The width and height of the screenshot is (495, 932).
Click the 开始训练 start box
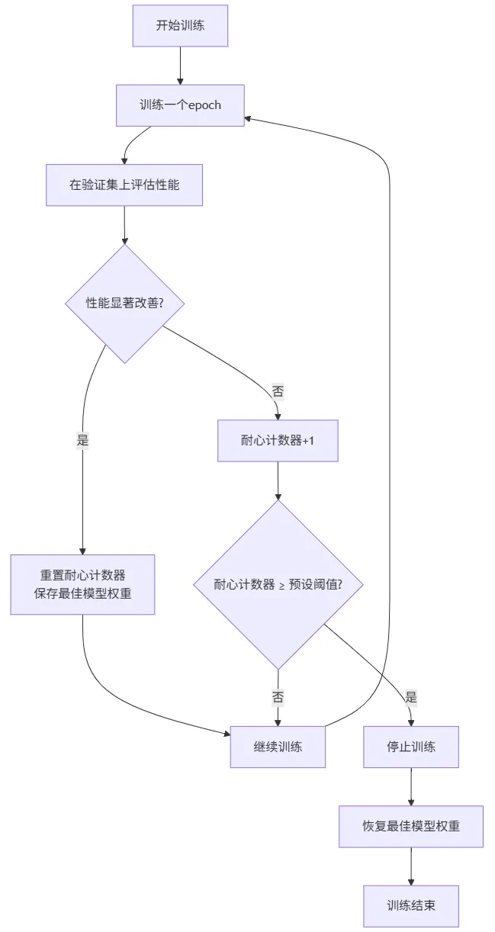tap(180, 25)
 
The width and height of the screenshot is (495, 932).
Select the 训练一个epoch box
tap(180, 105)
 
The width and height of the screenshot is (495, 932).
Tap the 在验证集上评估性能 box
tap(124, 185)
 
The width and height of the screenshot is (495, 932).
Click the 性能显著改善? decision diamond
tap(124, 303)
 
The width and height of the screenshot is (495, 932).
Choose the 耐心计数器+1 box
tap(278, 441)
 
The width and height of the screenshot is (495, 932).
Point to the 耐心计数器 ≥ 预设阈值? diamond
tap(278, 585)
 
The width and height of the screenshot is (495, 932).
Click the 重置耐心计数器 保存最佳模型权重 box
tap(82, 584)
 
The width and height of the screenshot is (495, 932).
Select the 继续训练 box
tap(278, 747)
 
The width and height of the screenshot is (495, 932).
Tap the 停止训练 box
tap(411, 747)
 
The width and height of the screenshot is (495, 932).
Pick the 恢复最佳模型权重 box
tap(411, 826)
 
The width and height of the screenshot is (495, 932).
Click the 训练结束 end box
tap(411, 906)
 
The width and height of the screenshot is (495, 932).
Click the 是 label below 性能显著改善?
tap(82, 440)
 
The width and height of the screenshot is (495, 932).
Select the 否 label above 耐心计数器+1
tap(278, 391)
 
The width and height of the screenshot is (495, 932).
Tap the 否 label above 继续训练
tap(278, 697)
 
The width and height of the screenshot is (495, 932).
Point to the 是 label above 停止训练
tap(411, 697)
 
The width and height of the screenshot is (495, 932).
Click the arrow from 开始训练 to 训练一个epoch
tap(180, 65)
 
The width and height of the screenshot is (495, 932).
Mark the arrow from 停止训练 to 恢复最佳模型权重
tap(411, 786)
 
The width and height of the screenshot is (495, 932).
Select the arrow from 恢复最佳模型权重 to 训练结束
tap(411, 866)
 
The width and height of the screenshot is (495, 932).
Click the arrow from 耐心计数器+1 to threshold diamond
tap(278, 480)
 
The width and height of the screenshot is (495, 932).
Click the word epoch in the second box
tap(204, 105)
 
